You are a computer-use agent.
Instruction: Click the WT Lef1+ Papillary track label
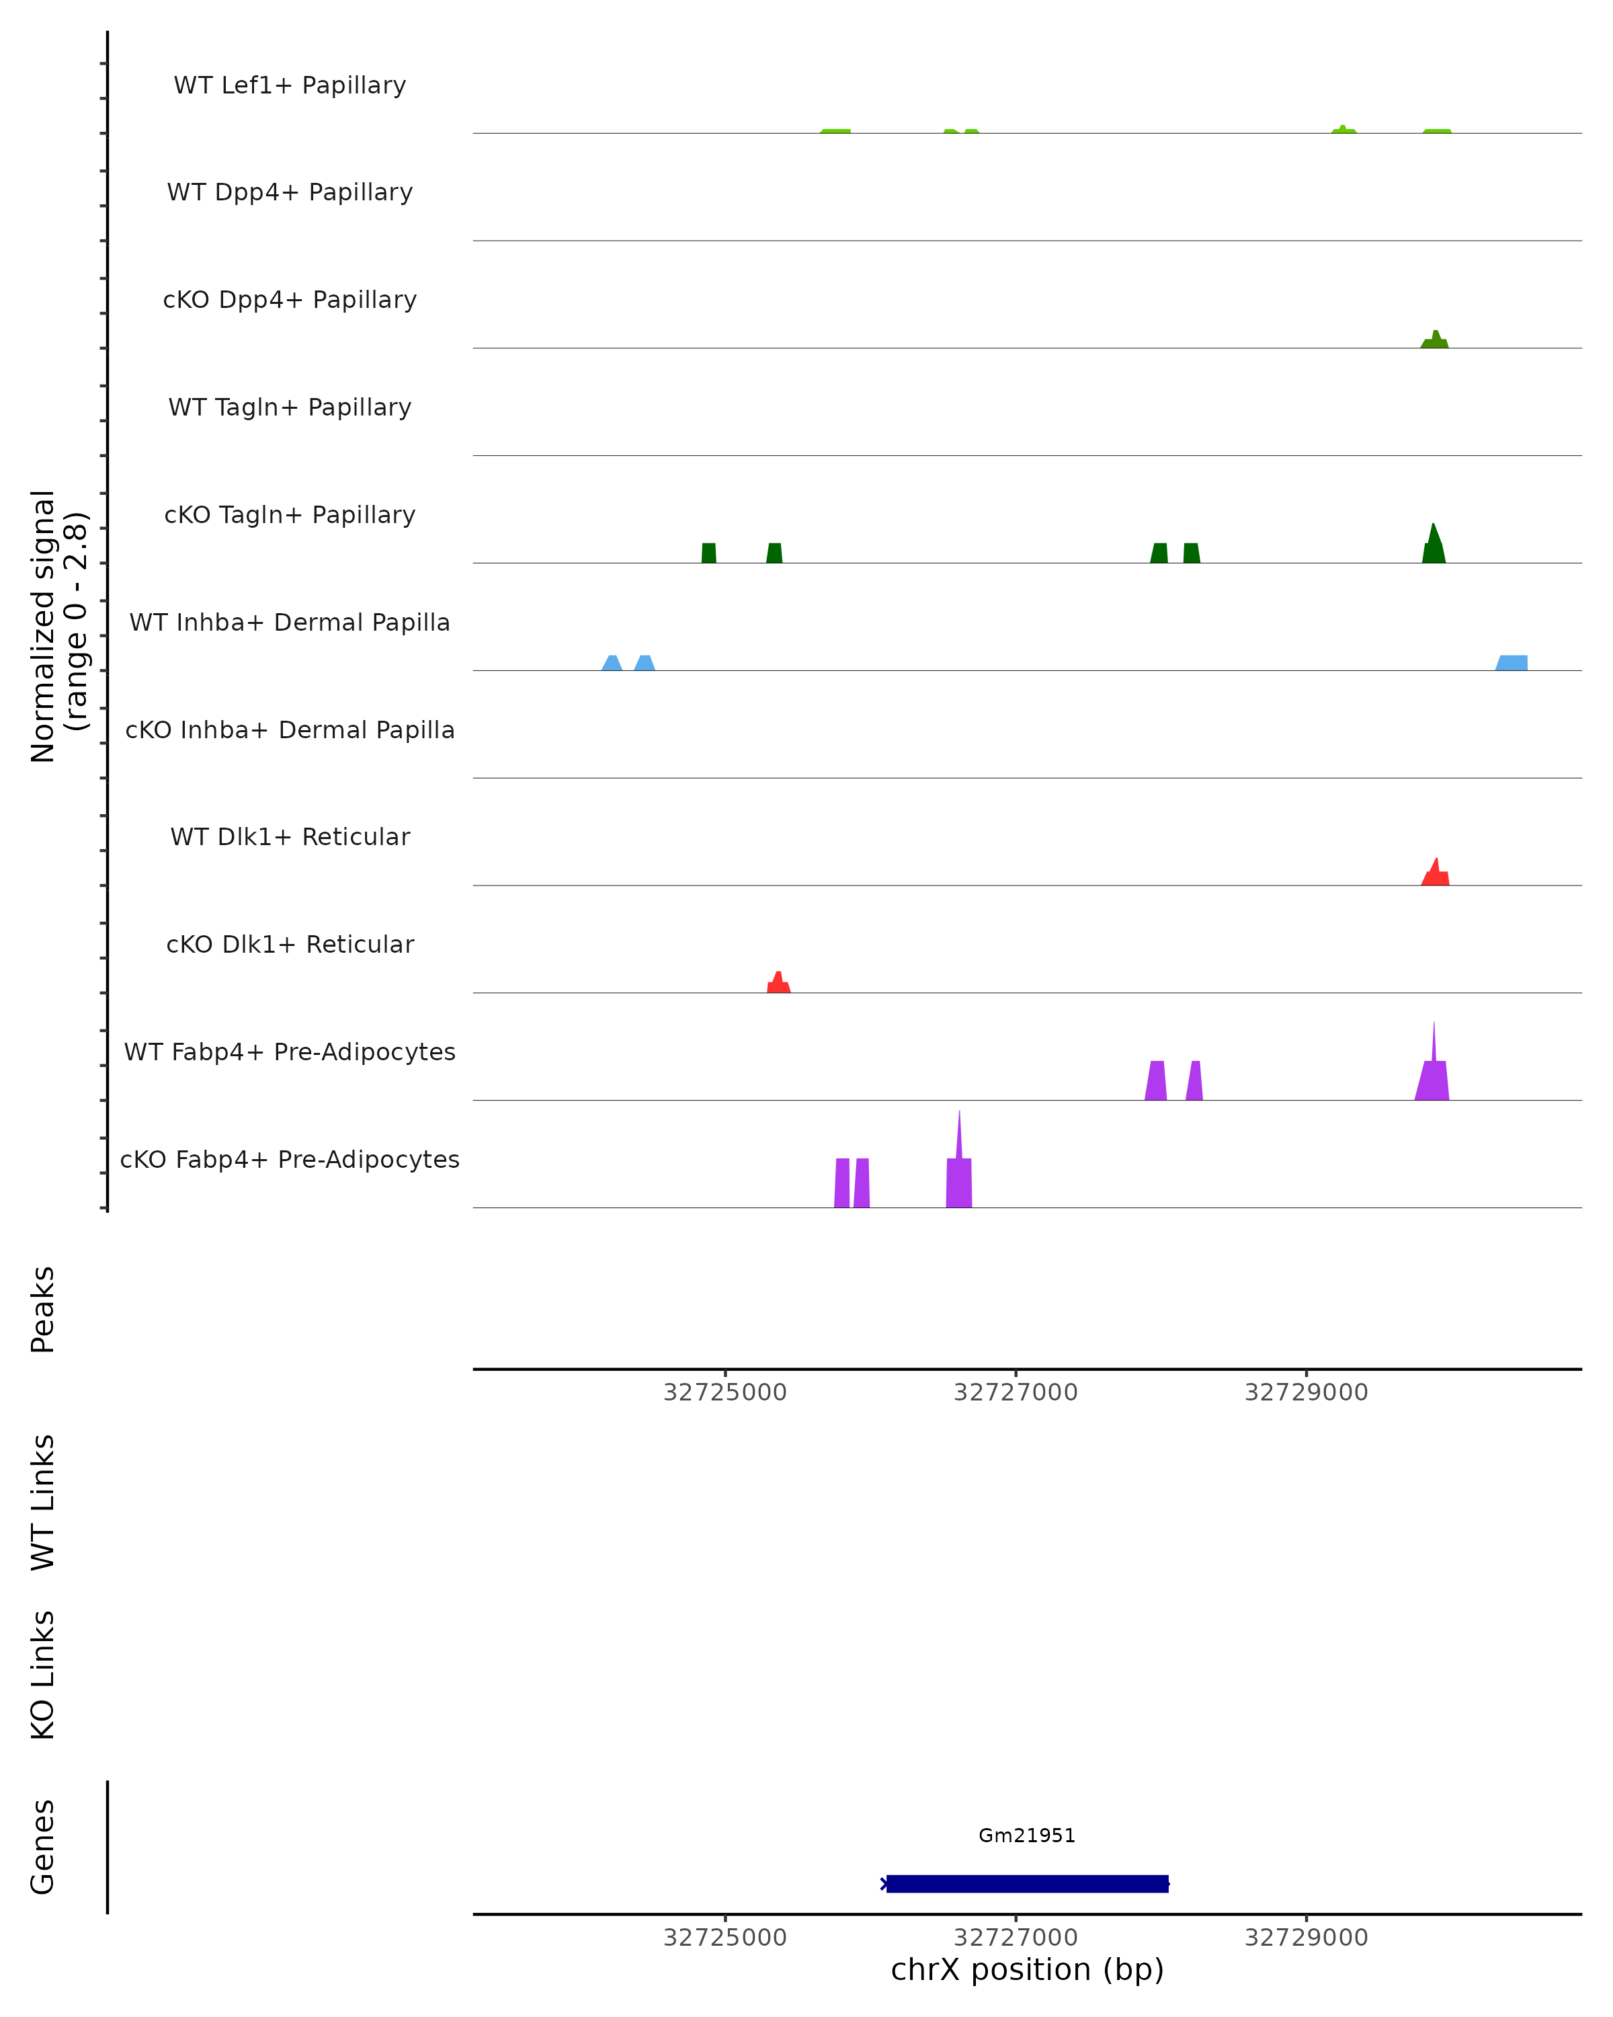(290, 86)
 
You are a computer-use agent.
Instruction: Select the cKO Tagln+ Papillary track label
(290, 516)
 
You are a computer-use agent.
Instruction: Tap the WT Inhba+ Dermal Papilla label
(290, 623)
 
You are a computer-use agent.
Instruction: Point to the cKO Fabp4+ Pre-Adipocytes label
(290, 1160)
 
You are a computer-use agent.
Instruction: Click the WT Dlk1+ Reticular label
(290, 837)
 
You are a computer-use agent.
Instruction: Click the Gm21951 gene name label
(1027, 1835)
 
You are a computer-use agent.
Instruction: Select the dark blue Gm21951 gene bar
(1027, 1883)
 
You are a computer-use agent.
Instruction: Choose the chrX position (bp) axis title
(1027, 1969)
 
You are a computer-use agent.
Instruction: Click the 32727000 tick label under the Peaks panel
(1016, 1393)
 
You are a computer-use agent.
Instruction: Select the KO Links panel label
(43, 1675)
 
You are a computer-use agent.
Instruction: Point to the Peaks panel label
(43, 1310)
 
